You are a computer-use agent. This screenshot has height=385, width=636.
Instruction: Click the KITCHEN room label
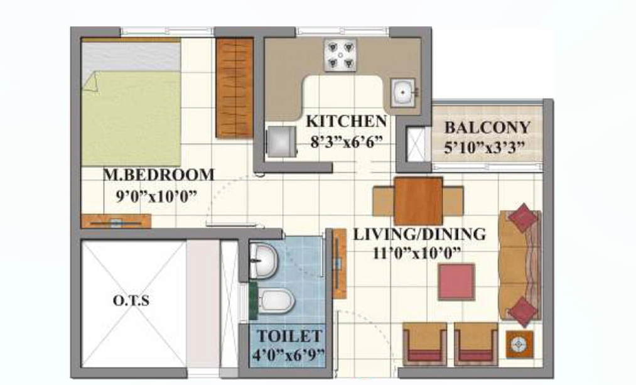point(346,121)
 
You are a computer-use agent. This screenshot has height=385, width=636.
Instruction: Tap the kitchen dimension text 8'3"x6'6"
point(347,142)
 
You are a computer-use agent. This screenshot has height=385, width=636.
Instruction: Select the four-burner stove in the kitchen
point(340,55)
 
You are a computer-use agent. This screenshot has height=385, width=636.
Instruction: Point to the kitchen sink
point(403,92)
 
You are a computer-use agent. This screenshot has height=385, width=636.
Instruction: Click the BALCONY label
point(488,127)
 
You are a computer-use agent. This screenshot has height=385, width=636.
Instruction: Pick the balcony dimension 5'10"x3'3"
point(484,148)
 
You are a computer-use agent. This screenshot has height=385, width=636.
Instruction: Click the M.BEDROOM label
point(159,175)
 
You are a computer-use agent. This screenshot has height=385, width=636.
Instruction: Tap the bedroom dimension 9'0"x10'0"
point(156,197)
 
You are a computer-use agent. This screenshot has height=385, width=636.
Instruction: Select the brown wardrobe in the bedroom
point(234,88)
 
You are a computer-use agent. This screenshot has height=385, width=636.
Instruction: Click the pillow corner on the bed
point(91,81)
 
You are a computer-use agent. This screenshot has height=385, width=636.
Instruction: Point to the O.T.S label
point(131,301)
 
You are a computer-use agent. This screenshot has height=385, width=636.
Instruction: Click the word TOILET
point(289,336)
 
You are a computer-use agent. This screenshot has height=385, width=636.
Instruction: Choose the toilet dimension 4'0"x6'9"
point(288,355)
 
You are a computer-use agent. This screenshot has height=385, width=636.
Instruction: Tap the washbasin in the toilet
point(263,261)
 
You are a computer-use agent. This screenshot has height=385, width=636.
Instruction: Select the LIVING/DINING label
point(419,234)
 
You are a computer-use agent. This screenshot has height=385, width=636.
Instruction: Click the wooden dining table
point(418,201)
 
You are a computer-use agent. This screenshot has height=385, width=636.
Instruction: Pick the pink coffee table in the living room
point(456,281)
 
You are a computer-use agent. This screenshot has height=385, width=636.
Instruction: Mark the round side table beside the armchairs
point(519,344)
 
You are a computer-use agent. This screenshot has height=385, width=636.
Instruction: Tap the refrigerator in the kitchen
point(281,141)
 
